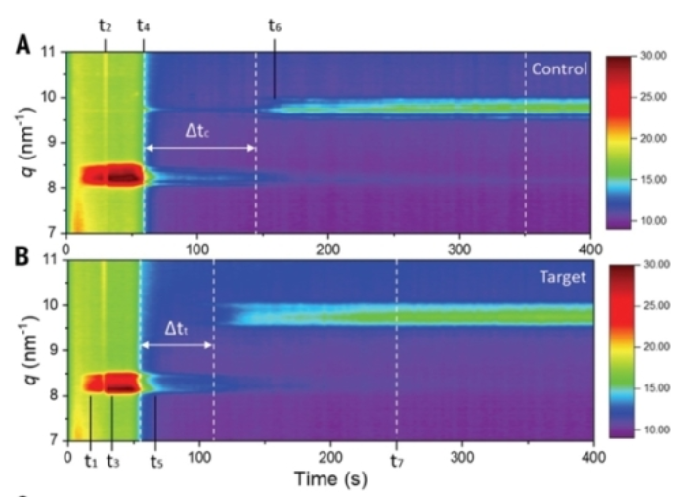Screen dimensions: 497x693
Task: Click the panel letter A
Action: tap(21, 46)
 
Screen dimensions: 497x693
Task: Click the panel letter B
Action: tap(21, 259)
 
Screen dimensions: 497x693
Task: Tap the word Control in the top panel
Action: tap(558, 68)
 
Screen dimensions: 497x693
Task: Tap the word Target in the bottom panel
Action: tap(562, 277)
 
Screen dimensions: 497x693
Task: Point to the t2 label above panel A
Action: tap(105, 23)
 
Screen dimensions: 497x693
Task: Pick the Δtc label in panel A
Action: tap(199, 130)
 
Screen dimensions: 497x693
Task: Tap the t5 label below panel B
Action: tap(156, 460)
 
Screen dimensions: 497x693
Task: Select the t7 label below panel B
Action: tap(396, 460)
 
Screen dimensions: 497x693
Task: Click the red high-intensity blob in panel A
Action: tap(111, 176)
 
